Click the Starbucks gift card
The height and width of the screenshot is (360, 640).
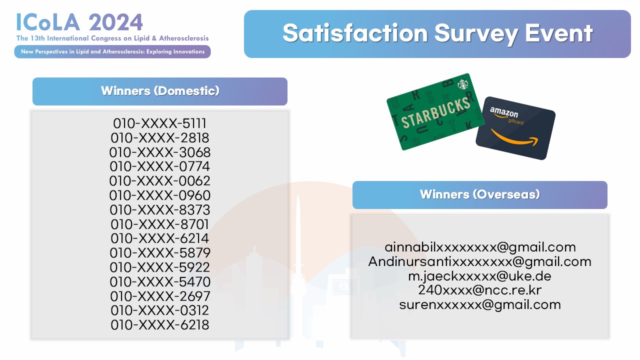(x=435, y=112)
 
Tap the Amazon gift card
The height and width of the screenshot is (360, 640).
(x=515, y=128)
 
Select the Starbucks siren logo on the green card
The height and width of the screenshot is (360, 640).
(x=462, y=84)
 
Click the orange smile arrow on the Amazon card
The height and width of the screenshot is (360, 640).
(x=514, y=138)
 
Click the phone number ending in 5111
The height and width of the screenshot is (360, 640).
(x=159, y=123)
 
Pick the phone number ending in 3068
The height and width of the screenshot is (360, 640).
(x=159, y=152)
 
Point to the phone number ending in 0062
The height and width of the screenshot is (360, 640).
(x=159, y=181)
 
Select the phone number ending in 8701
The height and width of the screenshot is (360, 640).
(x=159, y=224)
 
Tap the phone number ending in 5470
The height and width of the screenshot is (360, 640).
(x=160, y=281)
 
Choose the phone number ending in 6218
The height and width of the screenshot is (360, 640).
(x=159, y=325)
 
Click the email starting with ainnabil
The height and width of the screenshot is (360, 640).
(x=480, y=247)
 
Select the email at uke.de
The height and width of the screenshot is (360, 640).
(x=479, y=276)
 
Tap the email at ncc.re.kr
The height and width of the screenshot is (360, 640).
(x=479, y=290)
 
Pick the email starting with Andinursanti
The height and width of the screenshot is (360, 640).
(x=479, y=261)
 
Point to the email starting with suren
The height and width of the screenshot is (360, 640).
(x=480, y=304)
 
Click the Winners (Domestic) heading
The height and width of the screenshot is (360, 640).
(x=160, y=91)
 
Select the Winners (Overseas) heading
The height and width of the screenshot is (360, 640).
(x=479, y=194)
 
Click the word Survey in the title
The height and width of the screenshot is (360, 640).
(x=476, y=33)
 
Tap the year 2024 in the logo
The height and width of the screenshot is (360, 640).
(x=115, y=22)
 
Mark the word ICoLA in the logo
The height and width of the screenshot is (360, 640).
(x=48, y=22)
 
